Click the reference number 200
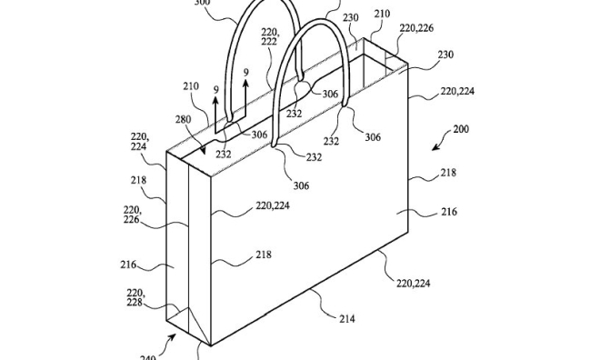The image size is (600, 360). coord(461,129)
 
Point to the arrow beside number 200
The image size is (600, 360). coord(439,143)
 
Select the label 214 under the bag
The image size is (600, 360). coord(347,318)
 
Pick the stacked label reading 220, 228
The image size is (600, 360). coord(135,297)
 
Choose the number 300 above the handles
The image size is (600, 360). coord(202,4)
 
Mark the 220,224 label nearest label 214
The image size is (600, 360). coord(413,284)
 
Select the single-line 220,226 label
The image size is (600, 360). coord(414,28)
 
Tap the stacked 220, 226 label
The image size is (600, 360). coord(132,215)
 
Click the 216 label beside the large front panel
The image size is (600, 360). coord(449,212)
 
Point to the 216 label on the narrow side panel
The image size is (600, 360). coord(127,265)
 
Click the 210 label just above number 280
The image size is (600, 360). coord(189,87)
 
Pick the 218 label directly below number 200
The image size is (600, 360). coord(449,173)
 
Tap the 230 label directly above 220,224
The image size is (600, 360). coord(445,55)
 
